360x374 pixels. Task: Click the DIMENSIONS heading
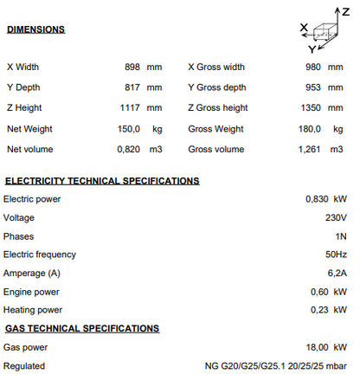click(x=35, y=30)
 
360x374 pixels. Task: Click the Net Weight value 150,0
click(x=129, y=128)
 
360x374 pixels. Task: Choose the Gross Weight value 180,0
click(x=312, y=128)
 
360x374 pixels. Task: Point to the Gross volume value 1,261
click(x=311, y=149)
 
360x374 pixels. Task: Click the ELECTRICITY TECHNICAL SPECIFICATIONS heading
click(x=102, y=181)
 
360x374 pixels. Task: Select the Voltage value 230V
click(x=336, y=218)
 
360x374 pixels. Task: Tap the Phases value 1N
click(x=341, y=236)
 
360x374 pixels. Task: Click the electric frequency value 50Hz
click(x=336, y=255)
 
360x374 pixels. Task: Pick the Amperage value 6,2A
click(x=336, y=273)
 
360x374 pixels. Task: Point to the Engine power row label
click(x=30, y=291)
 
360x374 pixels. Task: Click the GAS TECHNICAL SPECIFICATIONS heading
click(x=82, y=328)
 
